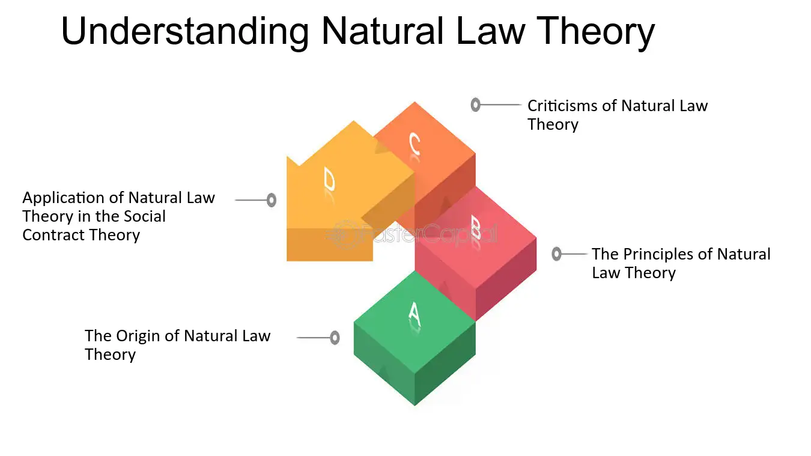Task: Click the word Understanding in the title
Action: [185, 32]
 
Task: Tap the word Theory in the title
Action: [595, 32]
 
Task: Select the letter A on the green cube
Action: [415, 314]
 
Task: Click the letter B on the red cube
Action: [476, 228]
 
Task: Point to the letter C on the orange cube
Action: [415, 144]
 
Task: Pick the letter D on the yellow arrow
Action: [329, 178]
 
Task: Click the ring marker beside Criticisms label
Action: [475, 105]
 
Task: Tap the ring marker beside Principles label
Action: [556, 254]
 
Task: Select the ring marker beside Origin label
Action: [335, 338]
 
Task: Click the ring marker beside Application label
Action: [272, 200]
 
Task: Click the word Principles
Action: [657, 254]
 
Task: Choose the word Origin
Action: [138, 336]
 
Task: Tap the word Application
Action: [63, 198]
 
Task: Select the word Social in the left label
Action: [144, 216]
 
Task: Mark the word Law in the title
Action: [491, 32]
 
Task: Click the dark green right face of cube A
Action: [445, 364]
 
